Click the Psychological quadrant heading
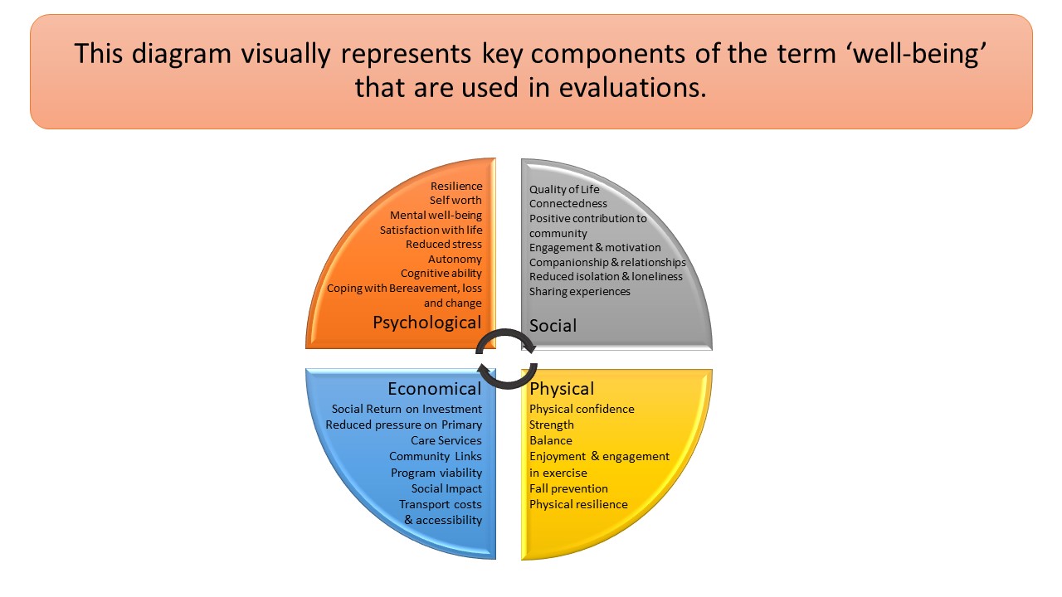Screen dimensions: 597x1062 [426, 323]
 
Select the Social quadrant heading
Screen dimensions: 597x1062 [553, 326]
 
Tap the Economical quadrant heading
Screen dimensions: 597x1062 [434, 389]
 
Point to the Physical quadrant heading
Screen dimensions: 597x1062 [562, 389]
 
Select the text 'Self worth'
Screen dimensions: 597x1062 [455, 201]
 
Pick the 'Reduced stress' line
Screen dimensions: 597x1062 [444, 245]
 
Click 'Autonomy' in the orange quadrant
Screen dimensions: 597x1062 [455, 260]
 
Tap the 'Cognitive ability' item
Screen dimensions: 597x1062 [441, 274]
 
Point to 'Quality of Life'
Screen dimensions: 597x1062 [564, 189]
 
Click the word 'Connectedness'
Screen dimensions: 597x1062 [568, 204]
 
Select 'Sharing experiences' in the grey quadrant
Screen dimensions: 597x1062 [580, 292]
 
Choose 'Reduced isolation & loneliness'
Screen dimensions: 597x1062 [606, 277]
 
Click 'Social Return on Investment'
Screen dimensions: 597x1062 [407, 409]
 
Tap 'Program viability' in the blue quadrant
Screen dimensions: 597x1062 [436, 473]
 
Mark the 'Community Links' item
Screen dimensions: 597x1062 [436, 457]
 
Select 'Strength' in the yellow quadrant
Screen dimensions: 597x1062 [552, 425]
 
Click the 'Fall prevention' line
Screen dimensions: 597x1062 [568, 488]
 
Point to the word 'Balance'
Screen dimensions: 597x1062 [551, 441]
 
